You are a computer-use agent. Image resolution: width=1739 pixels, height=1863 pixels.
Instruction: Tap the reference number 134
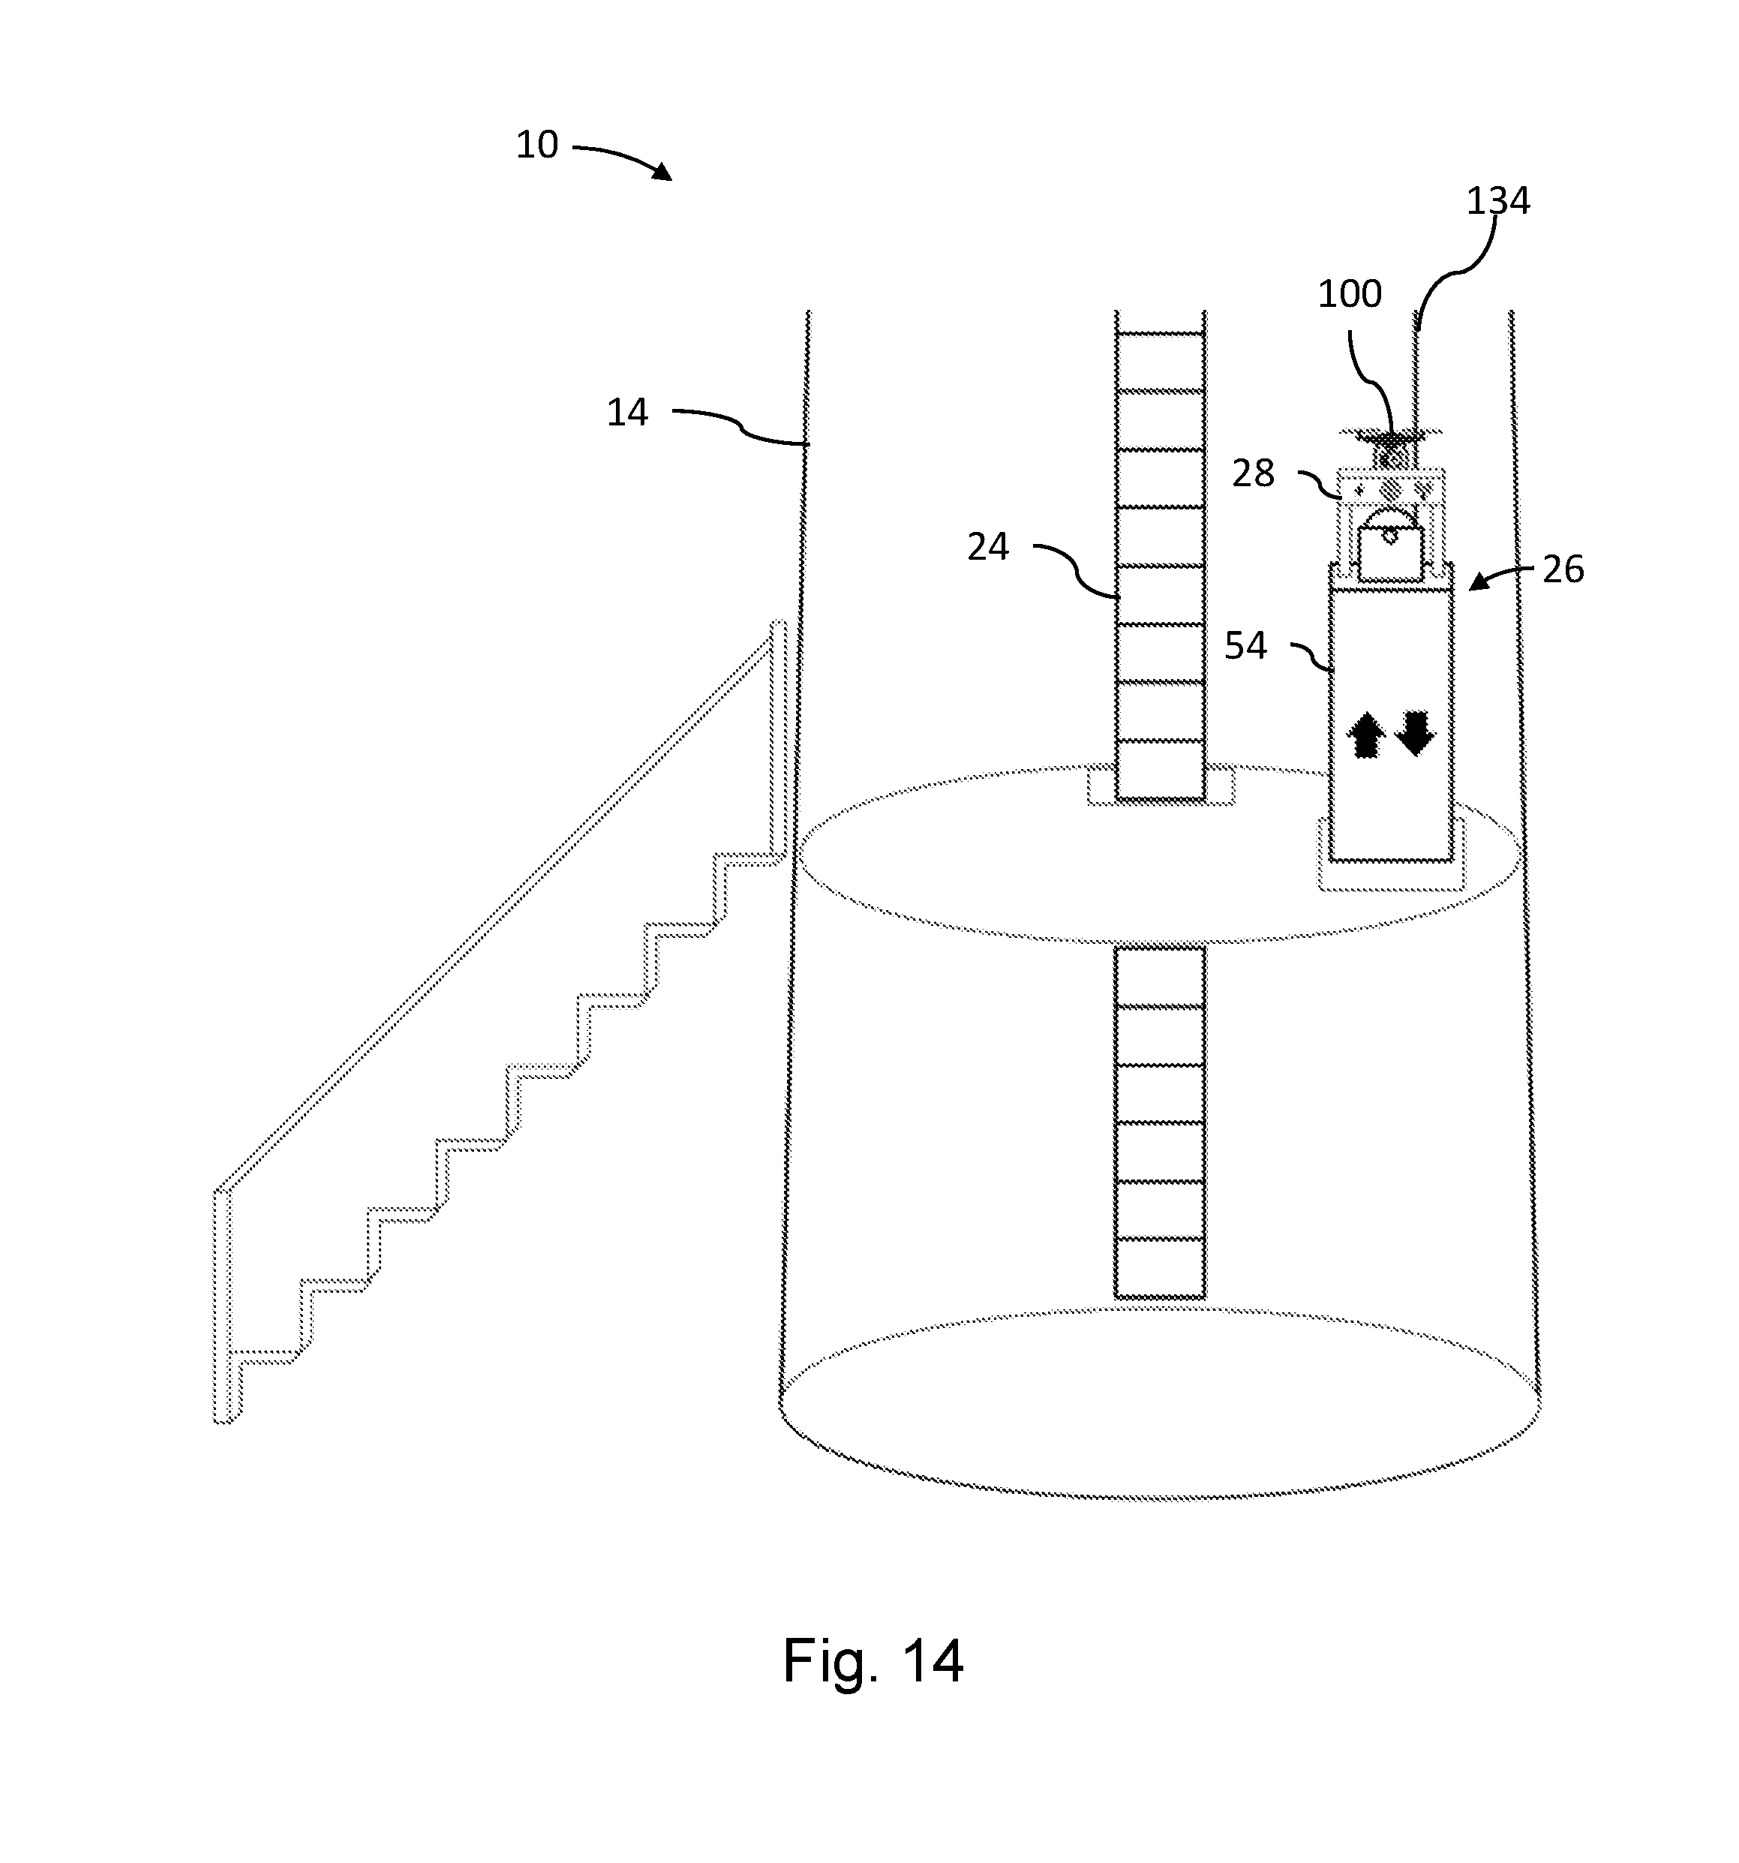coord(1497,200)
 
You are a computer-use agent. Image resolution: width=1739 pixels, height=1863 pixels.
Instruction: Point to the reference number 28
coord(1253,473)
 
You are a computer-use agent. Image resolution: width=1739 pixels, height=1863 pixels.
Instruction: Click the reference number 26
coord(1563,569)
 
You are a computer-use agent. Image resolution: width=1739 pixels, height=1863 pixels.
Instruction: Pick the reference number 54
coord(1245,646)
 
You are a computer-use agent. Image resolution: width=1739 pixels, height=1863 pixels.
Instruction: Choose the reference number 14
coord(627,413)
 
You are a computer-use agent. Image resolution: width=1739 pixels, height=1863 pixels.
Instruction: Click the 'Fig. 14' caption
coord(873,1660)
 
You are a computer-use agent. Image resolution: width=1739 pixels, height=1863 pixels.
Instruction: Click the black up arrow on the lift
coord(1366,735)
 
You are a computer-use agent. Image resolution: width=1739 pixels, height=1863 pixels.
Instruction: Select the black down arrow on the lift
coord(1415,733)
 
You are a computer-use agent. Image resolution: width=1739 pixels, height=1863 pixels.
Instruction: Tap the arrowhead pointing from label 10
coord(662,172)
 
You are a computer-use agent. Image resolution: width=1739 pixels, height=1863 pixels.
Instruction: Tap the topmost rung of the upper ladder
coord(1159,332)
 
